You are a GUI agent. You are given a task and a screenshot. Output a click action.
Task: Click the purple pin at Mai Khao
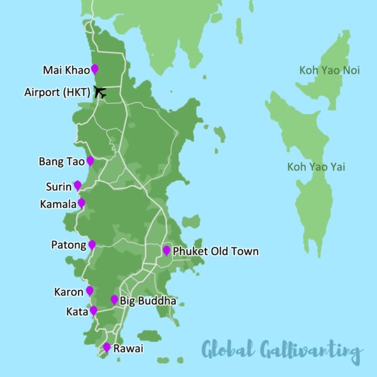[95, 68]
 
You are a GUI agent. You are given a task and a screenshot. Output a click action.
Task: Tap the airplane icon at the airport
[99, 92]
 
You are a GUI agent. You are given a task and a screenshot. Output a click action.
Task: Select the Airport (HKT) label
[57, 92]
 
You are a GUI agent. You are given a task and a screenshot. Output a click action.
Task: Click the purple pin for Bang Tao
[90, 161]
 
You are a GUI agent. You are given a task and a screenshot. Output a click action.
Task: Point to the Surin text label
[58, 187]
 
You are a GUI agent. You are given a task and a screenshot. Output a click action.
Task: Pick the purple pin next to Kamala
[81, 203]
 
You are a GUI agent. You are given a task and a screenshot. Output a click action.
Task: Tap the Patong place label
[68, 245]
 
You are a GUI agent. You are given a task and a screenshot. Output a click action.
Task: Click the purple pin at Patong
[92, 244]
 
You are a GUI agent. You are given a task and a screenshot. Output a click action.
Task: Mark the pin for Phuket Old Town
[167, 250]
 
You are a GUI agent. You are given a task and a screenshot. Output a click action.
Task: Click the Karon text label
[69, 292]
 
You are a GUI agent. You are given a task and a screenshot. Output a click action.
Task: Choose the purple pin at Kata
[94, 310]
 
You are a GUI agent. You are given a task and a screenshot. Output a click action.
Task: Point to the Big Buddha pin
[114, 300]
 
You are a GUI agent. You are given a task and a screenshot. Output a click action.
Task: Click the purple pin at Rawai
[107, 347]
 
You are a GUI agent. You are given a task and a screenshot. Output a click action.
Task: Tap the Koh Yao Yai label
[316, 167]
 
